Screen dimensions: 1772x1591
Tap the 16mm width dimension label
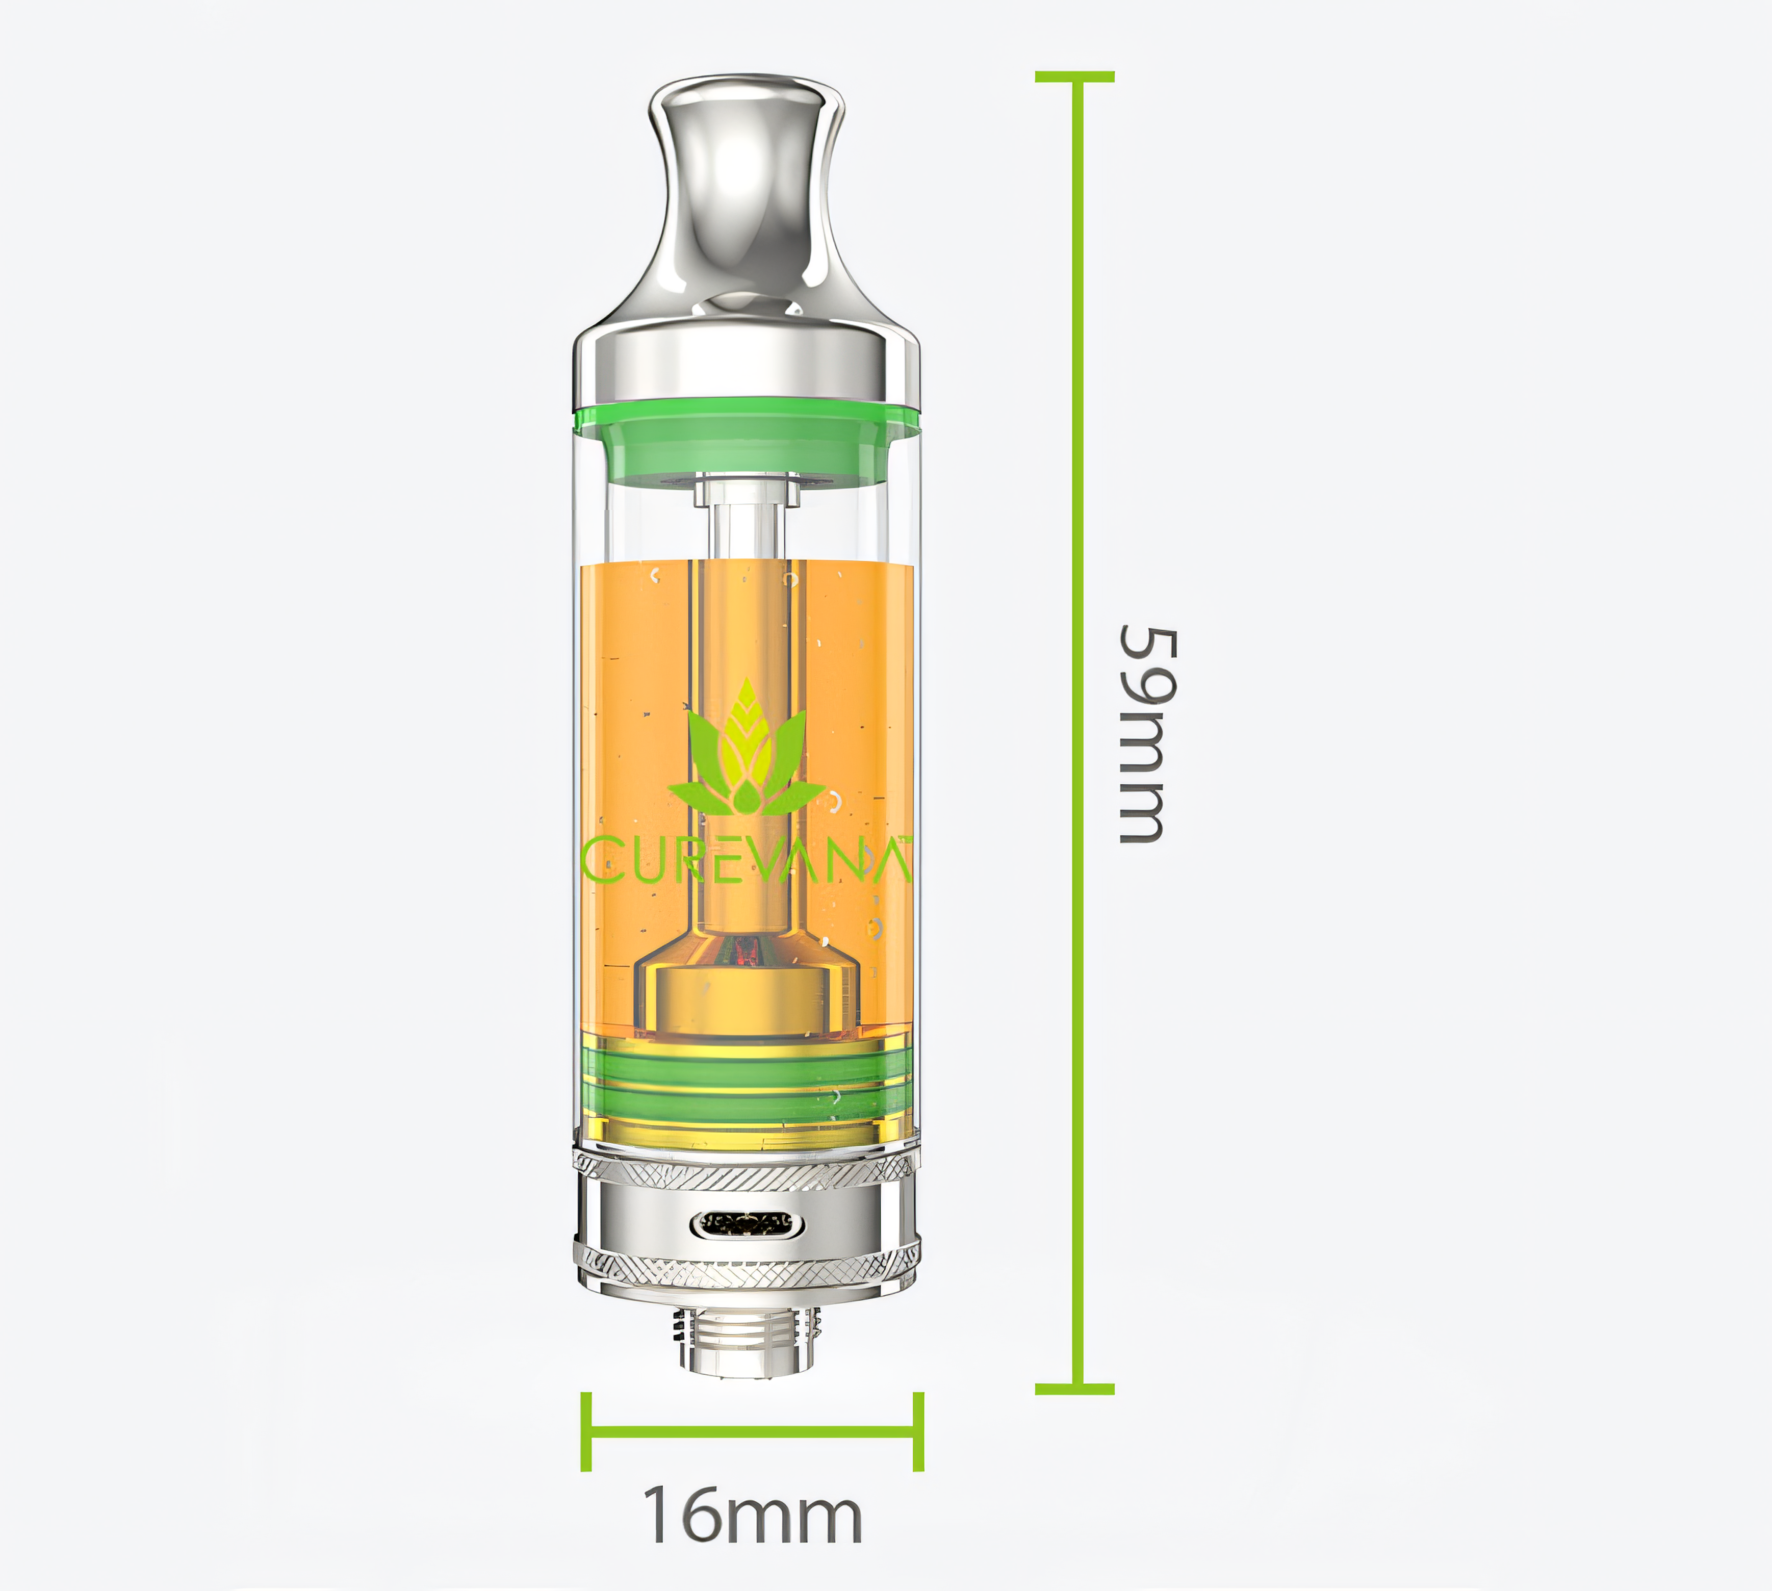[x=752, y=1517]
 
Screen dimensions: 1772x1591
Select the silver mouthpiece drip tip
[x=746, y=201]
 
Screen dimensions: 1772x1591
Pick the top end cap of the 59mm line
[x=1074, y=77]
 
